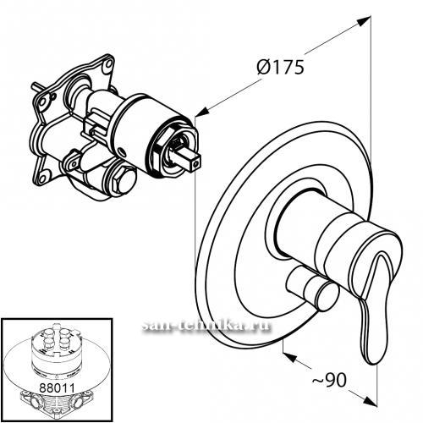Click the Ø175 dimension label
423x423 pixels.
[x=281, y=67]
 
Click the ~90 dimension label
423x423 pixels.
[x=329, y=380]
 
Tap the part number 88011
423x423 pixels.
[x=58, y=387]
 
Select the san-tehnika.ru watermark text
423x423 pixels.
[x=206, y=326]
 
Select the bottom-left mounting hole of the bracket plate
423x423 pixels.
[x=42, y=179]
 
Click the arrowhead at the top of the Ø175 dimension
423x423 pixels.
[x=364, y=21]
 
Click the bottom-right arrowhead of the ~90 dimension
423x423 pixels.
[x=370, y=400]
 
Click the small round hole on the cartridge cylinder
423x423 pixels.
[x=123, y=152]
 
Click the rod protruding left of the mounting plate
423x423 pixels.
[x=36, y=86]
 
